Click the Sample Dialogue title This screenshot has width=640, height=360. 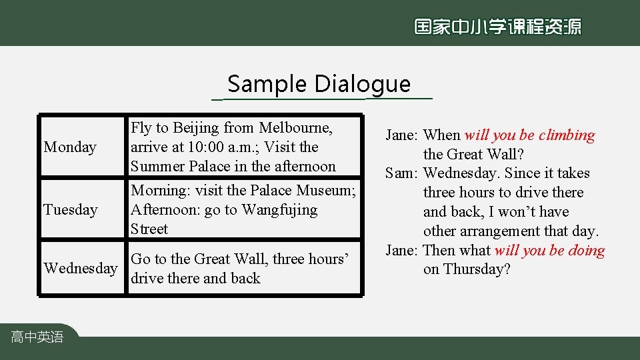tap(319, 85)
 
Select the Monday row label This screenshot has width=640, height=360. tap(70, 147)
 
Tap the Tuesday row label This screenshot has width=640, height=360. tap(70, 210)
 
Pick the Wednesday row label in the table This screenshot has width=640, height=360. tap(81, 269)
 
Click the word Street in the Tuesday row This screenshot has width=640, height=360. tap(149, 229)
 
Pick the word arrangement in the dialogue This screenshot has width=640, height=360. tap(495, 231)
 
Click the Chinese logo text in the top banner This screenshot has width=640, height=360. tap(497, 27)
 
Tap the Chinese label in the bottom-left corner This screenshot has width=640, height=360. tap(37, 337)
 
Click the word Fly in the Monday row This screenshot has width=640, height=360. tap(141, 127)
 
